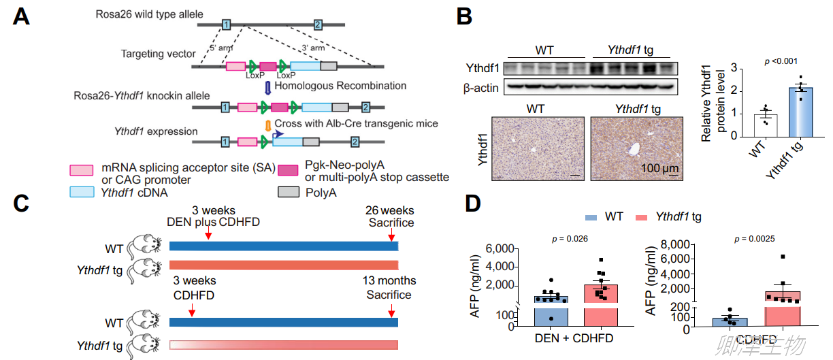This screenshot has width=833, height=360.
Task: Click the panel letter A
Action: click(x=21, y=17)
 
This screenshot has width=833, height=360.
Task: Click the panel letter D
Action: click(x=473, y=203)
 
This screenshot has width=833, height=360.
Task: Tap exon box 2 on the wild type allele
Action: click(x=318, y=25)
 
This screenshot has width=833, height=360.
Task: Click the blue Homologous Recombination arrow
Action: click(x=267, y=87)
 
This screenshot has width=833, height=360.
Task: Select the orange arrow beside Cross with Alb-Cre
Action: click(x=267, y=125)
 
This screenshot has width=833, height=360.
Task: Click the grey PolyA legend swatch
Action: click(x=288, y=192)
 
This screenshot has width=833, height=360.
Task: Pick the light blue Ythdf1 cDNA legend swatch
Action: click(x=82, y=192)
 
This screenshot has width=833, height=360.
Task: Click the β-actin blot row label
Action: click(x=481, y=88)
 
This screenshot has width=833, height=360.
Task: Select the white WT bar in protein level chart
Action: click(x=766, y=126)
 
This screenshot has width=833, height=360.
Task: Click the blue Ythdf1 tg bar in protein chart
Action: click(x=800, y=112)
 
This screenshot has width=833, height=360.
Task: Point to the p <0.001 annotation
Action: click(x=781, y=61)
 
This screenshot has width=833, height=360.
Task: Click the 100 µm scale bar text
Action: click(x=659, y=168)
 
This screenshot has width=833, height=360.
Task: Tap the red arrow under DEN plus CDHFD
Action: click(x=209, y=233)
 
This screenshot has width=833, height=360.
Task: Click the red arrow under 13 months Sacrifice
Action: click(x=391, y=310)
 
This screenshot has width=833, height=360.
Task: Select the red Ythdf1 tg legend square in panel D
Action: click(x=642, y=217)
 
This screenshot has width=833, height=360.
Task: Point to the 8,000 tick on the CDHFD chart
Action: click(x=675, y=244)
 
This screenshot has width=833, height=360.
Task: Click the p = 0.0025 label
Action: click(x=755, y=239)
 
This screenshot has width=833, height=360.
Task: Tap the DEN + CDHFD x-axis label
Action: click(x=574, y=338)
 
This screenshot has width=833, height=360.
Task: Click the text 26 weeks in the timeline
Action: click(x=389, y=210)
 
